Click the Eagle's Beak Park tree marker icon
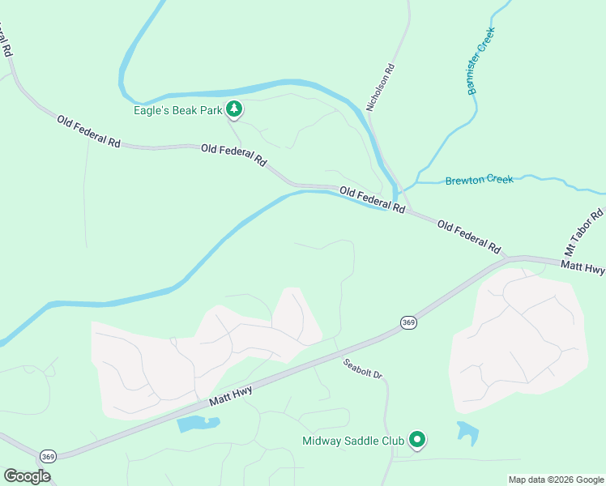[x=234, y=109]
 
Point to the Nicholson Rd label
[x=379, y=88]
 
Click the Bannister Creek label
[x=480, y=62]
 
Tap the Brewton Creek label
[x=479, y=180]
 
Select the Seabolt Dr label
[x=362, y=371]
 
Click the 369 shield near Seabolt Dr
[x=409, y=323]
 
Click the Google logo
[x=27, y=475]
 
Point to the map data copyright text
[x=556, y=480]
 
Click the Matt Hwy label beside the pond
[x=231, y=395]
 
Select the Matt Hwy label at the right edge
[x=583, y=266]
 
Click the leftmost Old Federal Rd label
[x=88, y=130]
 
